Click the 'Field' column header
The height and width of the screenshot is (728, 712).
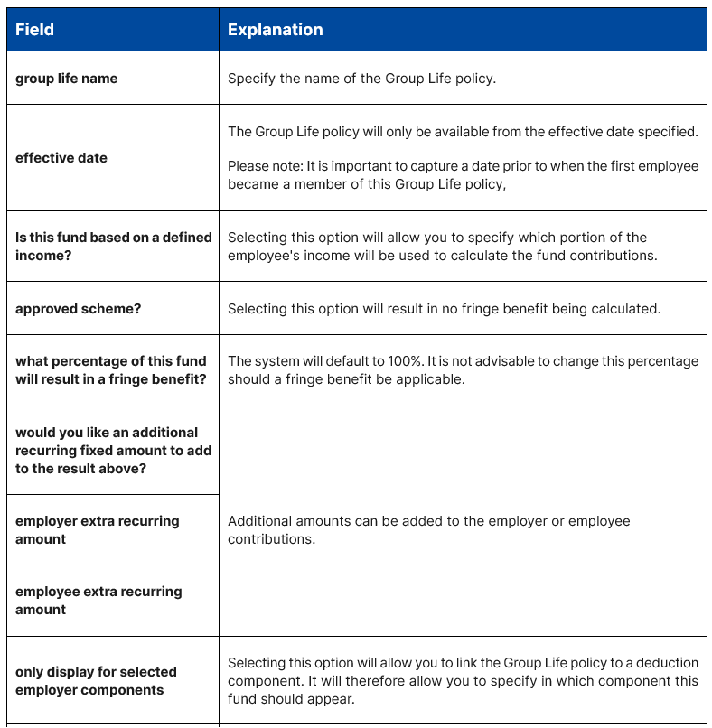coord(34,30)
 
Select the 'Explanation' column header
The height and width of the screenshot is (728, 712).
coord(275,30)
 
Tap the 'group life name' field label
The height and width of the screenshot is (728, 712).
coord(66,79)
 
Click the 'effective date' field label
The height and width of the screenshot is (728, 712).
coord(61,158)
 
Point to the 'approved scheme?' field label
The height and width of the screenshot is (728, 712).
coord(79,309)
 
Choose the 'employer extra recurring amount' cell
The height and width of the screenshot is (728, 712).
coord(97,530)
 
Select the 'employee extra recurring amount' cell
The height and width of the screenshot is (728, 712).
coord(98,601)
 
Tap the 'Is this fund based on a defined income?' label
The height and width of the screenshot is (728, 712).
coord(113,246)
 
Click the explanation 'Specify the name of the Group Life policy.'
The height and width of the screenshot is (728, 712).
coord(361,79)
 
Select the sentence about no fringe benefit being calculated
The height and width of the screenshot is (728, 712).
coord(444,309)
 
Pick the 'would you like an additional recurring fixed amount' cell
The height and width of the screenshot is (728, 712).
coord(113,450)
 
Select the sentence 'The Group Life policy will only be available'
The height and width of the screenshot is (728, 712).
coord(463,132)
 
